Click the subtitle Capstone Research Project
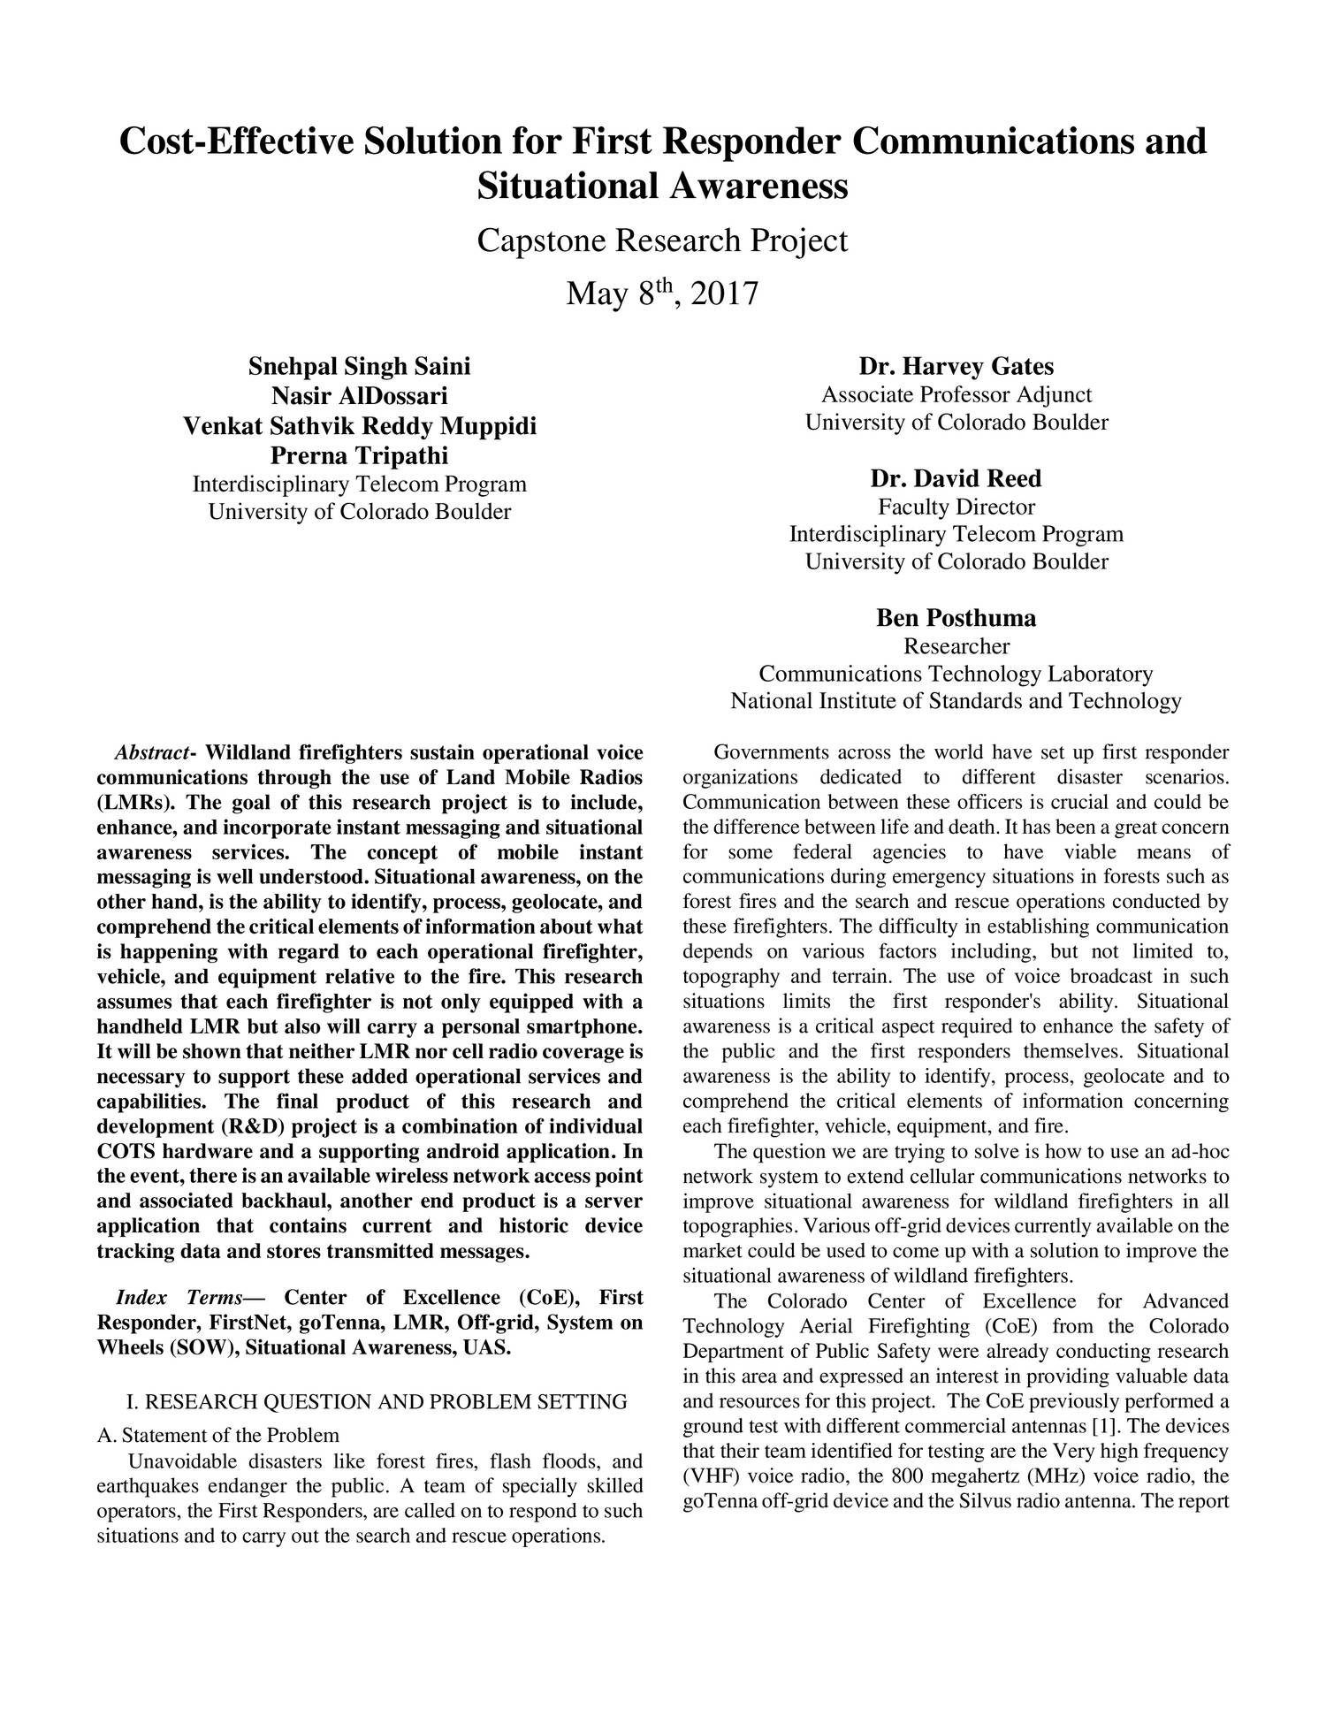[662, 240]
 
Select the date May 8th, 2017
[662, 293]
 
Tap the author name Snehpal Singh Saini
[359, 366]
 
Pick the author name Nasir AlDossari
[359, 396]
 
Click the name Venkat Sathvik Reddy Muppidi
[359, 426]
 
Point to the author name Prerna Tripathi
[359, 455]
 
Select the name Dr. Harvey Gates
[956, 366]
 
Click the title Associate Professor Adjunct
[956, 394]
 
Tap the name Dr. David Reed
[956, 478]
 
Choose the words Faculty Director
[956, 507]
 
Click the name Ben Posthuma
[956, 617]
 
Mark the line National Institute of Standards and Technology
[956, 701]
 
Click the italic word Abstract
[151, 753]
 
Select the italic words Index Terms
[179, 1298]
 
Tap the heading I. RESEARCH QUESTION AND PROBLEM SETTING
[377, 1402]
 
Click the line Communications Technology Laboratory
[956, 674]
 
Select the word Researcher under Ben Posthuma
[956, 645]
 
